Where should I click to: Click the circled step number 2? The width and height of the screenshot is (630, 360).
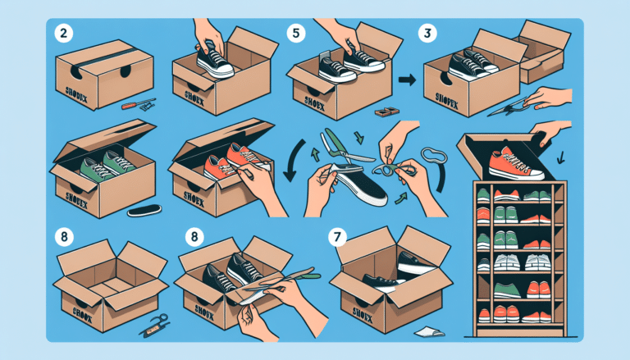coord(61,36)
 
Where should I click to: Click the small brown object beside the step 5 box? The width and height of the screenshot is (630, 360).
coord(383,109)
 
